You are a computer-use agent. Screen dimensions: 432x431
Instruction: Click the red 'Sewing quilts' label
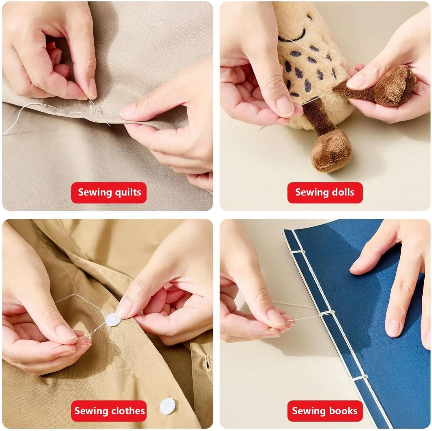(109, 193)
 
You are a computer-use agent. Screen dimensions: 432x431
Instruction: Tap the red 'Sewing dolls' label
(325, 193)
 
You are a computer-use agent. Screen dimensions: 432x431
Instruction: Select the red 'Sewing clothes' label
(109, 411)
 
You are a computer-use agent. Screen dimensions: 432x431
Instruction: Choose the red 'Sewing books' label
(325, 411)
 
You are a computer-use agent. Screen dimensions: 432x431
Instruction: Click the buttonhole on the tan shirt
(207, 363)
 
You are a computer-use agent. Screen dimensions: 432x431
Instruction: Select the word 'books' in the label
(343, 411)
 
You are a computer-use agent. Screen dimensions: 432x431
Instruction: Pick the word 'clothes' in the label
(128, 411)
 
